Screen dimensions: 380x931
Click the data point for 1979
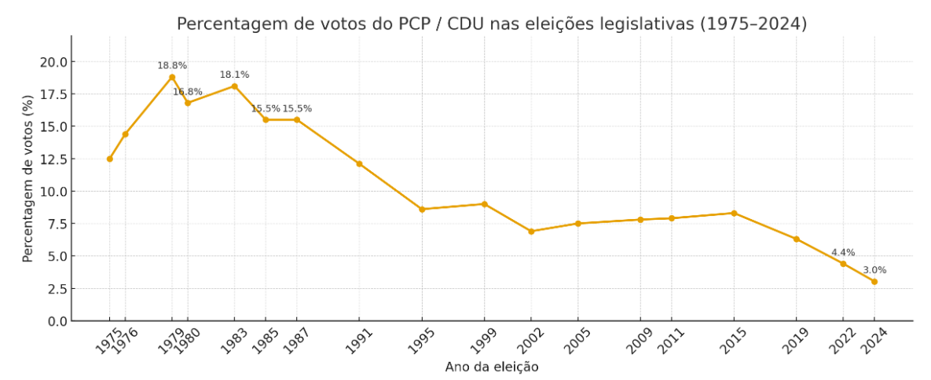pyautogui.click(x=172, y=77)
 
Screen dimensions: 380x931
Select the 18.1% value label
pyautogui.click(x=234, y=75)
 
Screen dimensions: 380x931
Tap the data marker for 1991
pyautogui.click(x=359, y=164)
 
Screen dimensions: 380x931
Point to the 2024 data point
pyautogui.click(x=874, y=282)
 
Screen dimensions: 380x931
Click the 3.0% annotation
pyautogui.click(x=874, y=270)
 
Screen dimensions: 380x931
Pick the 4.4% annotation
pyautogui.click(x=843, y=253)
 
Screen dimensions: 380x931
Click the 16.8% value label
pyautogui.click(x=188, y=92)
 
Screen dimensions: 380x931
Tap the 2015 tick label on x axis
pyautogui.click(x=729, y=341)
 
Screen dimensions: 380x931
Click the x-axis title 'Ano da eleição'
pyautogui.click(x=492, y=367)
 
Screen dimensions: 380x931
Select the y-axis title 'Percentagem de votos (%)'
pyautogui.click(x=28, y=178)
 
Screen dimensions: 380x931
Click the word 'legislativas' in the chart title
pyautogui.click(x=646, y=24)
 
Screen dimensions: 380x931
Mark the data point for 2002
pyautogui.click(x=531, y=232)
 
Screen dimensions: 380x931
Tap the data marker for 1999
pyautogui.click(x=484, y=204)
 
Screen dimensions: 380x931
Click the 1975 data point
pyautogui.click(x=110, y=159)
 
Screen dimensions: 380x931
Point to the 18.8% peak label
pyautogui.click(x=172, y=66)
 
